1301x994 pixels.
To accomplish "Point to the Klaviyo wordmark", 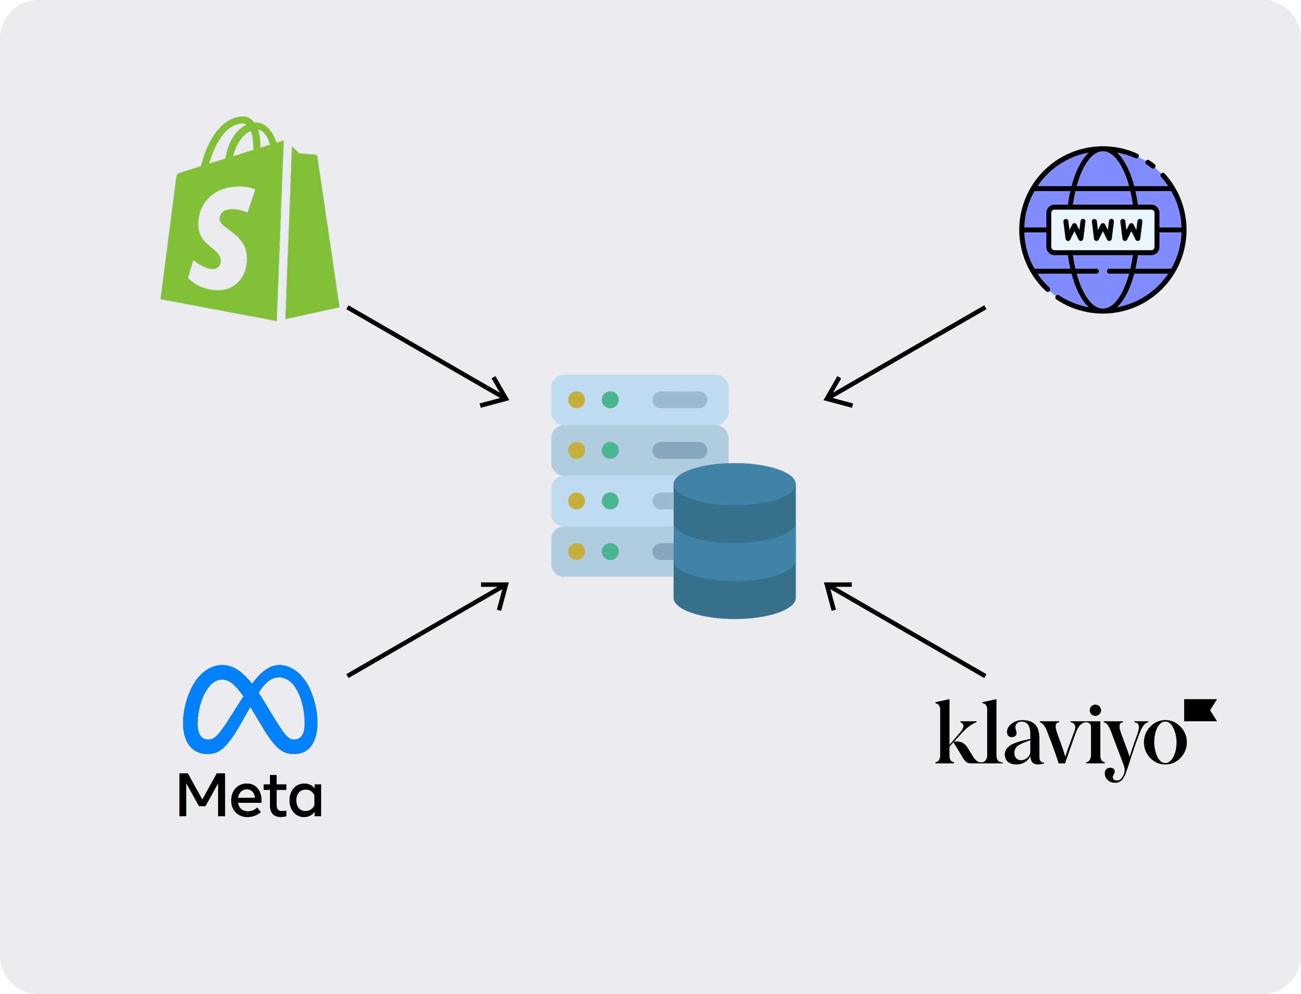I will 1059,734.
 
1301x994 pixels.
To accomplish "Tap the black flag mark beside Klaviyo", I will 1199,709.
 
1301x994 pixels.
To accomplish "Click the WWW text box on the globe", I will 1103,230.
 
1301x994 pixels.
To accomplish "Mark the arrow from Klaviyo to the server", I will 905,630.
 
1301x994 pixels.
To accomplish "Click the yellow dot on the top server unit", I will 576,400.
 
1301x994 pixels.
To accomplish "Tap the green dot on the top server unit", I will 610,400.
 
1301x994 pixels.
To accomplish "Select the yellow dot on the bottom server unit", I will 576,552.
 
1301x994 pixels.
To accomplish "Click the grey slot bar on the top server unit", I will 680,400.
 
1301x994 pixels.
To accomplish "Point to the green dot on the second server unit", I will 610,450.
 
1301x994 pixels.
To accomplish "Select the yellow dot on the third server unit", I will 576,501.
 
